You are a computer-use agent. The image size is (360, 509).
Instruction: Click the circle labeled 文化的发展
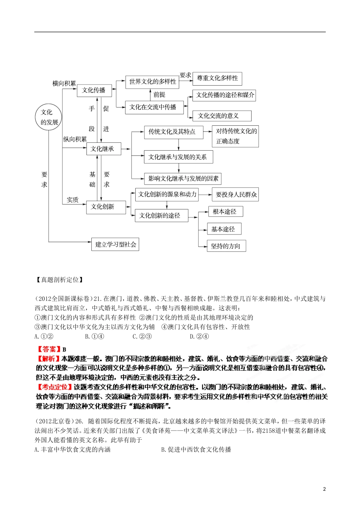(49, 117)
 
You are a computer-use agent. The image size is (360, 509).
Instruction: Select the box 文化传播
(94, 90)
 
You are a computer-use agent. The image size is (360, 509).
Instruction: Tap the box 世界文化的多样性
(152, 81)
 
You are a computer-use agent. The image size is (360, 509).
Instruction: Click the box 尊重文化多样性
(218, 78)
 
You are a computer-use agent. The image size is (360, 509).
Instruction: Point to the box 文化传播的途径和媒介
(224, 95)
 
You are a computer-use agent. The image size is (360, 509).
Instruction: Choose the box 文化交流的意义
(222, 116)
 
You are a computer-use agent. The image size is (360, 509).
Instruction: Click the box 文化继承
(103, 149)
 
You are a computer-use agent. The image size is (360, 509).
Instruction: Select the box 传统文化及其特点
(173, 132)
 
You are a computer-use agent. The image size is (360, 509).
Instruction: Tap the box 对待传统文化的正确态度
(235, 136)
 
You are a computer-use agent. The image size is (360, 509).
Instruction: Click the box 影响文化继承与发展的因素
(183, 178)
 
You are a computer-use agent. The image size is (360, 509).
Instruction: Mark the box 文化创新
(106, 207)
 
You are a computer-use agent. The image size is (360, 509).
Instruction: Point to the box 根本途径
(225, 212)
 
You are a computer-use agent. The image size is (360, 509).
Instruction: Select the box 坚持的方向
(226, 246)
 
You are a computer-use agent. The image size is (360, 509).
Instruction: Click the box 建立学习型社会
(115, 244)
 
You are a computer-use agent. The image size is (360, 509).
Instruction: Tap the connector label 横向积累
(64, 83)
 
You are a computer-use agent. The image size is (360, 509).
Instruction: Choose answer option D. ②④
(199, 337)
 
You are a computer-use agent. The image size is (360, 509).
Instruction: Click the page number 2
(324, 489)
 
